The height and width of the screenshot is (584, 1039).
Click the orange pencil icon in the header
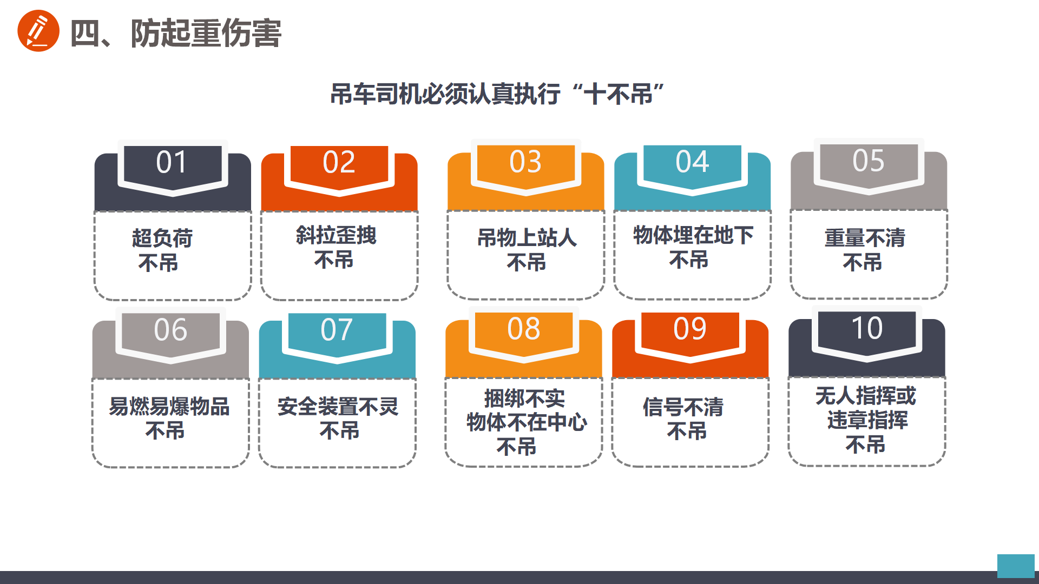38,31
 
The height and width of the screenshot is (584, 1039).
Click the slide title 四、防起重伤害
176,33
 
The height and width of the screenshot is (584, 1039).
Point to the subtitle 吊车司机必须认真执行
445,94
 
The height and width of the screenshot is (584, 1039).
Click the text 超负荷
162,238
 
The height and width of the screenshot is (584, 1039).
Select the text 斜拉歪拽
336,235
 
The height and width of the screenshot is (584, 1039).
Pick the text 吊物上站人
527,237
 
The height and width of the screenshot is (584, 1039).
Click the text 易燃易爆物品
169,406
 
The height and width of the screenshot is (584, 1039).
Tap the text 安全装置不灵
338,406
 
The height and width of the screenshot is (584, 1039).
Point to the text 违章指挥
867,420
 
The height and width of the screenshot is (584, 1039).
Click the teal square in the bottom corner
1016,566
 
